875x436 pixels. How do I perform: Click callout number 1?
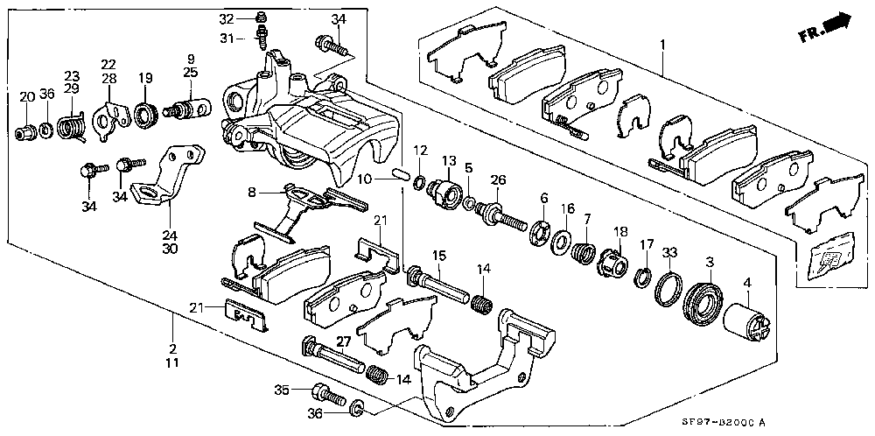coord(662,45)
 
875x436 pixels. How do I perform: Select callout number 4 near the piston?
coord(747,283)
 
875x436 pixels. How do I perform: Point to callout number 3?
coord(709,262)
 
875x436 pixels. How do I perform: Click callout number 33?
coord(669,253)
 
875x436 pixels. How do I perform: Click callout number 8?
coord(252,192)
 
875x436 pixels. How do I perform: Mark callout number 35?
coord(281,390)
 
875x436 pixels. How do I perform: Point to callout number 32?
coord(251,18)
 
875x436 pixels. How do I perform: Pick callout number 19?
coord(144,77)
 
